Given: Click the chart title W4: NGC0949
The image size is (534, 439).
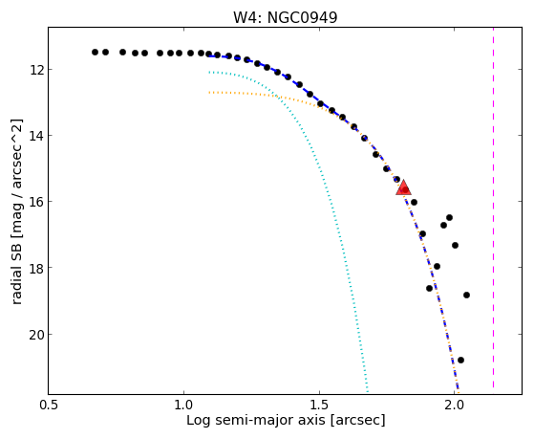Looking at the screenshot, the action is click(x=285, y=18).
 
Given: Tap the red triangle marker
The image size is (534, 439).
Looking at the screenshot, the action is click(x=403, y=188).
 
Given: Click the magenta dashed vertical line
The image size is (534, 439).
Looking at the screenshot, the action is click(x=493, y=208).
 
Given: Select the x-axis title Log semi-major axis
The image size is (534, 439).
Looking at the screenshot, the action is click(x=256, y=420).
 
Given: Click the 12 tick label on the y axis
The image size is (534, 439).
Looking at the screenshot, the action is click(x=36, y=70).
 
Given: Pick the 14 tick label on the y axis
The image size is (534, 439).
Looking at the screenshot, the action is click(x=36, y=136).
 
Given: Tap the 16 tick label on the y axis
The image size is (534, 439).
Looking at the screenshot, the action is click(x=36, y=202).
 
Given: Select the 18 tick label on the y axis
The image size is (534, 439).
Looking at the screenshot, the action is click(x=36, y=268).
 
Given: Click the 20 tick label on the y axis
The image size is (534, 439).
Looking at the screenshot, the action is click(x=36, y=335).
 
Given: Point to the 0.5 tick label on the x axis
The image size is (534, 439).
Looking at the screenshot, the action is click(x=49, y=405).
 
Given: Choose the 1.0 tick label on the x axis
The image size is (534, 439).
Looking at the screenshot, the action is click(x=184, y=405).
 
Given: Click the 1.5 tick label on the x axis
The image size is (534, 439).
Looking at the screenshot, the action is click(x=319, y=405).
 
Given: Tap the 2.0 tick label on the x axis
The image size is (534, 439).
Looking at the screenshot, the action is click(x=455, y=405).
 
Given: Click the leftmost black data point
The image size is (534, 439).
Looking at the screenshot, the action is click(x=95, y=53).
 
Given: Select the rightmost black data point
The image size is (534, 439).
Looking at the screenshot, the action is click(x=466, y=295).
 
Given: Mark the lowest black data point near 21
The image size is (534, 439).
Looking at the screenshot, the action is click(x=460, y=360).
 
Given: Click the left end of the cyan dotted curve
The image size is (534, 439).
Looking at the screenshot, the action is click(x=209, y=72).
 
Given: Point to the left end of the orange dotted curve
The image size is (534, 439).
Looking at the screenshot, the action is click(x=209, y=92).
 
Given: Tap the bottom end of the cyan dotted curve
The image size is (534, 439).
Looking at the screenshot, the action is click(x=368, y=391).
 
